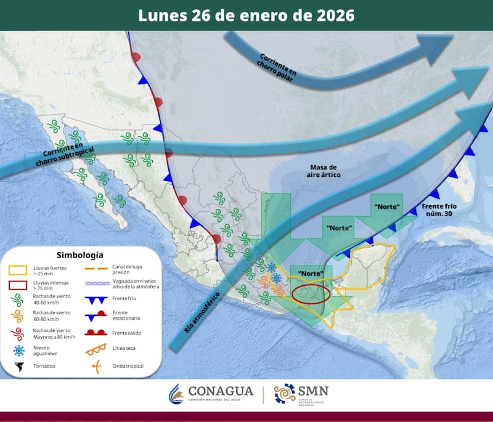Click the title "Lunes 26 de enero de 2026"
[x=246, y=15]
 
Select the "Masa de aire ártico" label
[x=323, y=171]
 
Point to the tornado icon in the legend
[x=20, y=367]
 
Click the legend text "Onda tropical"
[x=128, y=366]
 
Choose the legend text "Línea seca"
[x=125, y=349]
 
